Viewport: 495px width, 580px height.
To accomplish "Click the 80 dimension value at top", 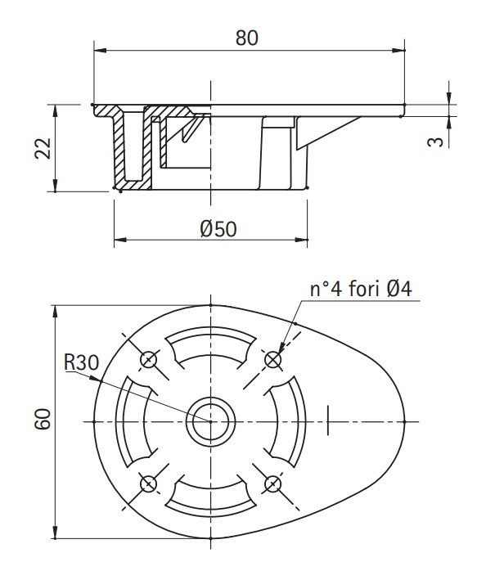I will click(247, 38).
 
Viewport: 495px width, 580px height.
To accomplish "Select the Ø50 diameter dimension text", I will click(218, 229).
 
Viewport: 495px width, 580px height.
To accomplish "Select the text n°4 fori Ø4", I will click(366, 289).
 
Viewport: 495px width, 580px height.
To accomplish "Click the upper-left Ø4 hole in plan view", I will click(149, 359).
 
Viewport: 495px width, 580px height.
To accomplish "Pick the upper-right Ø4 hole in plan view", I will click(272, 359).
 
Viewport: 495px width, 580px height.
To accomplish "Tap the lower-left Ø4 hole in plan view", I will click(149, 483).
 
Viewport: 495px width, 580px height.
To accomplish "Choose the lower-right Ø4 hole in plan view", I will click(272, 483).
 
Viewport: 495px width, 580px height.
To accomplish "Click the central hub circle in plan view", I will click(210, 421).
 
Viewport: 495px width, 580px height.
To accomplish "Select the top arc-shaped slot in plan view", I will click(210, 347).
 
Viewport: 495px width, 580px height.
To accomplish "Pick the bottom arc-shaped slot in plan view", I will click(210, 496).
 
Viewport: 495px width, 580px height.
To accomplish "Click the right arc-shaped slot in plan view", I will click(288, 421).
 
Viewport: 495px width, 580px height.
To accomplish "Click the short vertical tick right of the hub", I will click(328, 420).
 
